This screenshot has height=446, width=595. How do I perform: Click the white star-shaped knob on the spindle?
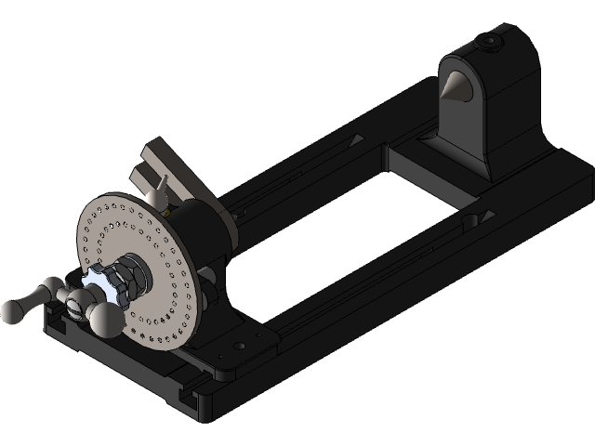point(101,282)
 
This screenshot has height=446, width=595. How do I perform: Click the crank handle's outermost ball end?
point(12,311)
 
